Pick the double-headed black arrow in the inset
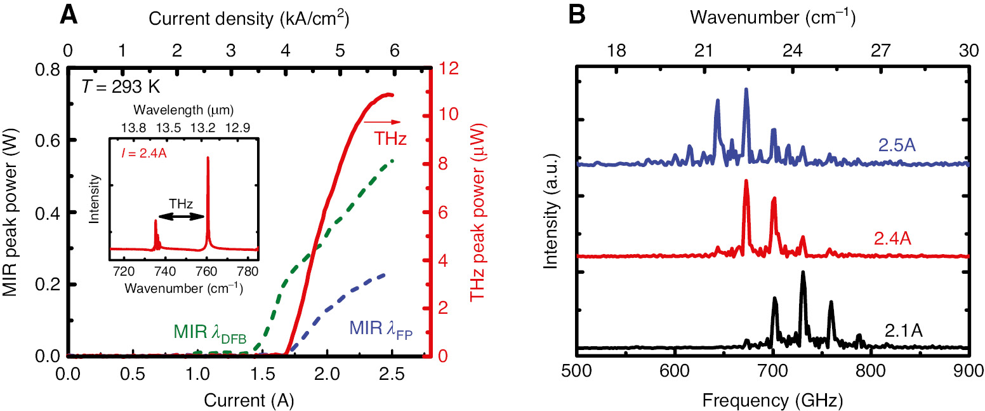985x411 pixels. (181, 216)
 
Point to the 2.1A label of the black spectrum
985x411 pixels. (903, 330)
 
